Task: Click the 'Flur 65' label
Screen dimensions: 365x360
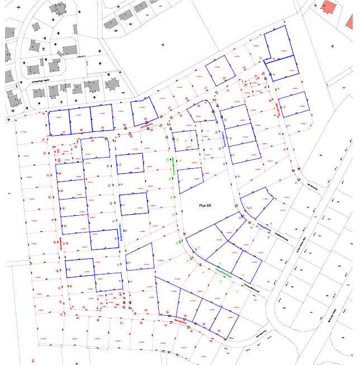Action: [205, 206]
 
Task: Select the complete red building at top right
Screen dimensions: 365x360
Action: [329, 7]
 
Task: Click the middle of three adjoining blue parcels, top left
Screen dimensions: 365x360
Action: [79, 121]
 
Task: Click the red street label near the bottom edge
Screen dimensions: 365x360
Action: [179, 321]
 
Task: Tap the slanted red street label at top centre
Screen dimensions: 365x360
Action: [146, 127]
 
